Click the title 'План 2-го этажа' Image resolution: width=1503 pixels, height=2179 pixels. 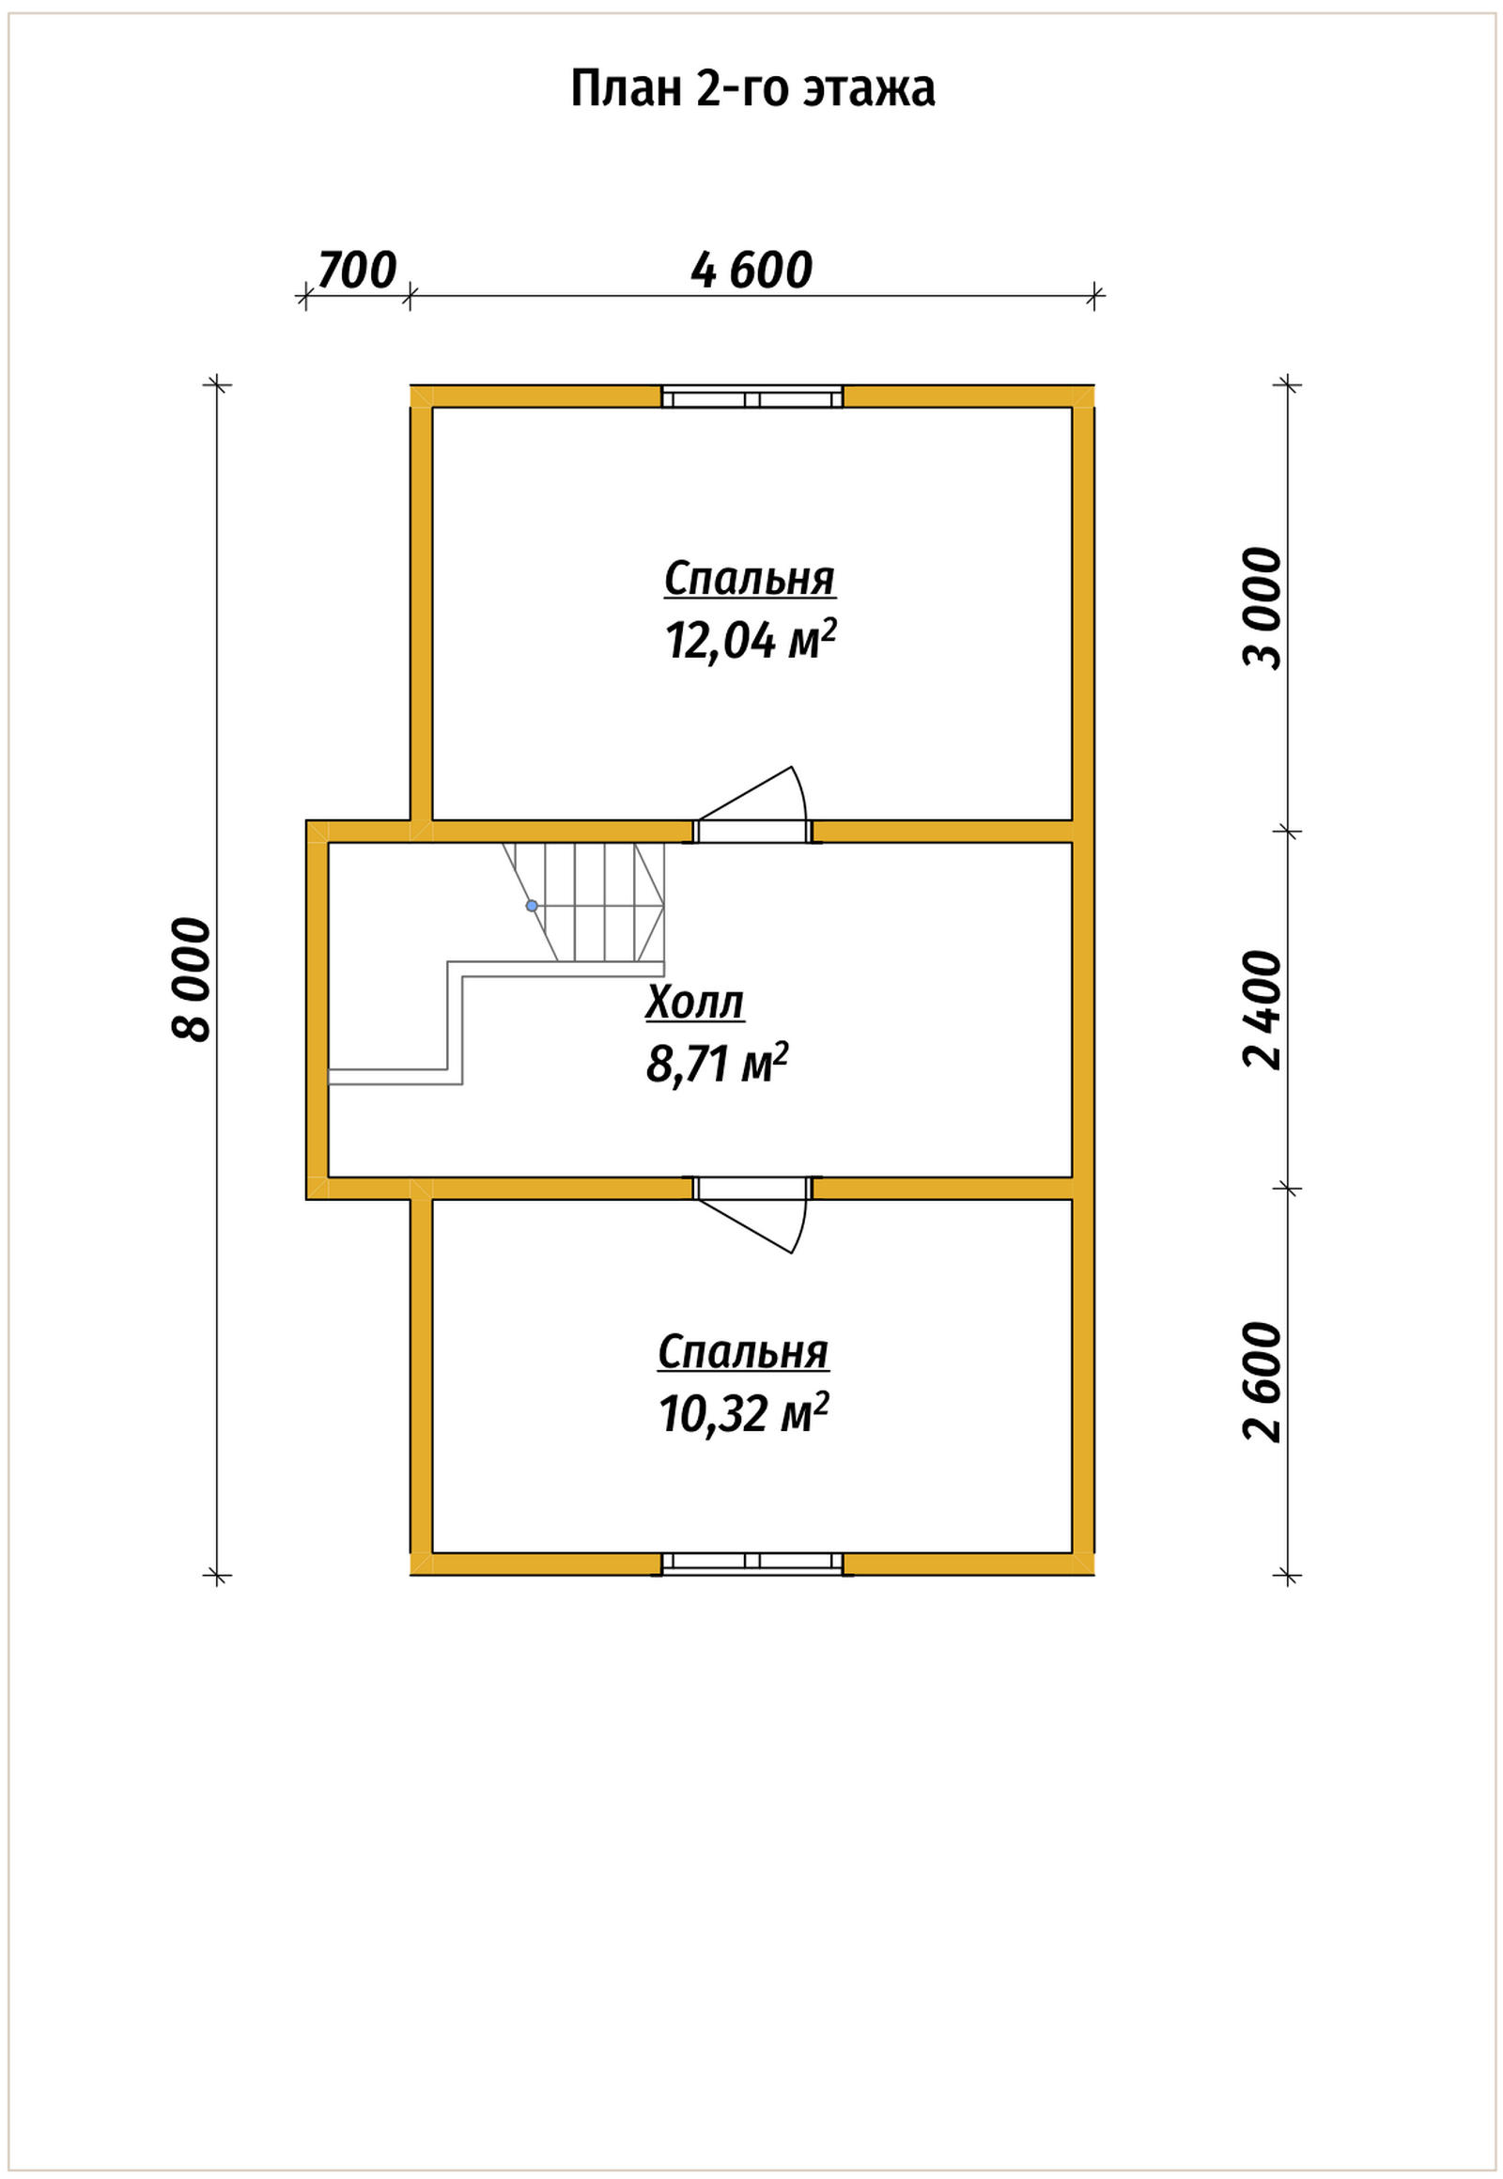click(752, 89)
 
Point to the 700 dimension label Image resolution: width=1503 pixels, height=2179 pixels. click(357, 271)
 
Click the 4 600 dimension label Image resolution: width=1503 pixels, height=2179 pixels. click(751, 271)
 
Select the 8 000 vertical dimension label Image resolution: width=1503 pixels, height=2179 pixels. click(192, 979)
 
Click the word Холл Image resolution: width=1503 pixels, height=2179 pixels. click(695, 1003)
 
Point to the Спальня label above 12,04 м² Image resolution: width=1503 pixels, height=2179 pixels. click(750, 579)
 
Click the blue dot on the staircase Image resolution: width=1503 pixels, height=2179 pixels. click(532, 905)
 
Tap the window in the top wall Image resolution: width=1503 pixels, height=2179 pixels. click(752, 397)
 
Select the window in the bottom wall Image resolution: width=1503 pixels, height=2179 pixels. click(752, 1564)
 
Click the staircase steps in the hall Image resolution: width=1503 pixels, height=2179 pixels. click(584, 902)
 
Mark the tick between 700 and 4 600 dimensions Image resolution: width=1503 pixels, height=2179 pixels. click(408, 297)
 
